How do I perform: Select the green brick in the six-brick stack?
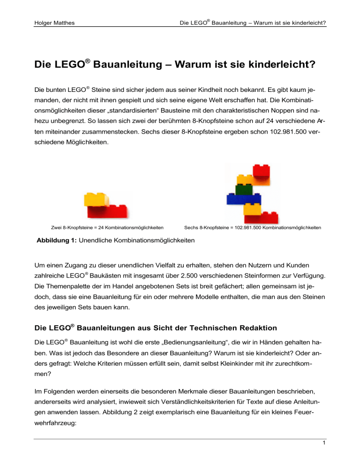tap(242, 189)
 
